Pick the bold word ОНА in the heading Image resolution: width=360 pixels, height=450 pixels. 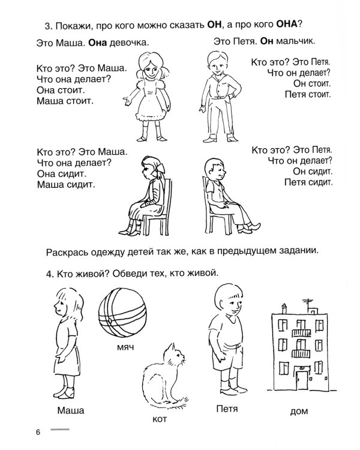280,25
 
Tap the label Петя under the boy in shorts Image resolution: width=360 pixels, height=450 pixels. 226,409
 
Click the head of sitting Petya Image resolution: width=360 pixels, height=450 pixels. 214,172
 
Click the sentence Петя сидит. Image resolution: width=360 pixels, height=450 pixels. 307,182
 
